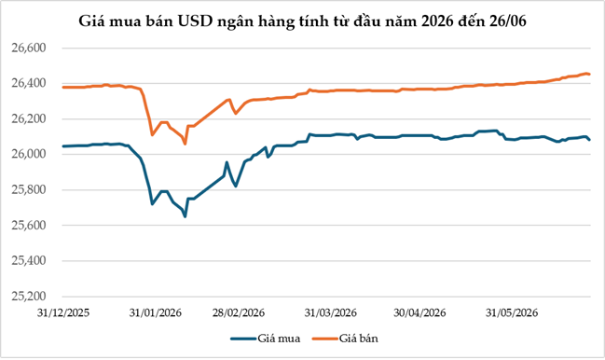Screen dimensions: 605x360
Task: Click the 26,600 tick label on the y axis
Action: point(29,48)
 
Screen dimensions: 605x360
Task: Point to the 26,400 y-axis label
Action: point(29,83)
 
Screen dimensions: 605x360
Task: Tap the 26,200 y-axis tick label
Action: point(29,118)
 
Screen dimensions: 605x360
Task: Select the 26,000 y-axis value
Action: point(29,154)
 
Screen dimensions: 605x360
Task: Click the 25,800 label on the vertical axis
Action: point(29,190)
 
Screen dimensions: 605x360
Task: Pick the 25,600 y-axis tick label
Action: point(29,226)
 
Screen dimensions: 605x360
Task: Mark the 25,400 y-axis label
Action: point(29,261)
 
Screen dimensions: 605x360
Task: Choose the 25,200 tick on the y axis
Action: point(29,297)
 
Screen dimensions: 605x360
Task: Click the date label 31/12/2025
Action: point(63,312)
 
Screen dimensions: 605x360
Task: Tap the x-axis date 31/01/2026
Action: point(155,312)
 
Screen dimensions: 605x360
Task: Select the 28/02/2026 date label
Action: point(239,312)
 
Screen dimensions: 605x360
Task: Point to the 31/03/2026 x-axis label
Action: point(331,312)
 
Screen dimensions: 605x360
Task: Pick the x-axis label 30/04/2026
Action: point(419,312)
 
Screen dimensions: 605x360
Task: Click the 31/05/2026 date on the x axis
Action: point(512,312)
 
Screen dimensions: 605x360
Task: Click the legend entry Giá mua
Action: point(266,339)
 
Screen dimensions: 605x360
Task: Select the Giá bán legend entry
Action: point(345,339)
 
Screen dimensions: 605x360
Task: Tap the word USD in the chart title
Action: point(195,21)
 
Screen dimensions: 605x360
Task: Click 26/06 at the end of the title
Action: point(508,21)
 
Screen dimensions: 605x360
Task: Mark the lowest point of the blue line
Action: point(186,217)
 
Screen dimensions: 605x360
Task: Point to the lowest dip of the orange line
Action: point(186,144)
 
